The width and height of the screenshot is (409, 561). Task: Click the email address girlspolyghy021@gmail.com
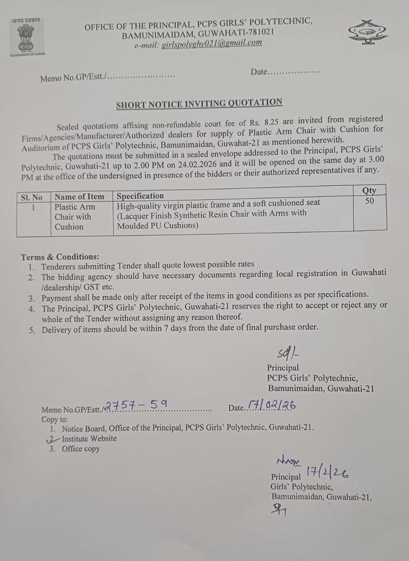point(212,43)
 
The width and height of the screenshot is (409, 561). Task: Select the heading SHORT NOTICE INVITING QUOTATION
point(199,104)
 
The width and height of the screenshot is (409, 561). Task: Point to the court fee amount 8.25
point(271,122)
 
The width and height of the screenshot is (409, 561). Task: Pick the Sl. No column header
point(32,197)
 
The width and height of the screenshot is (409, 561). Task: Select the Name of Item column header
point(79,197)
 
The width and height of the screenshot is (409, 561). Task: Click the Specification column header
point(140,196)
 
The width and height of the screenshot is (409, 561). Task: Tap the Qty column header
point(369,190)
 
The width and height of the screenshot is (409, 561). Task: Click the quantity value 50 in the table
point(369,201)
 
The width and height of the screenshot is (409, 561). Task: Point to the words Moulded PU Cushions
point(157,225)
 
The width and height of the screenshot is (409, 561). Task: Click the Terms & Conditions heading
point(60,257)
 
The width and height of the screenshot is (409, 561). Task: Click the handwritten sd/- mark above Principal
point(288,353)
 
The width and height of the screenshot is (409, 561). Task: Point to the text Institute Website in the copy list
point(89,438)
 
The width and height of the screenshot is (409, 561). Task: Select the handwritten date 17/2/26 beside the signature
point(327,473)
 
